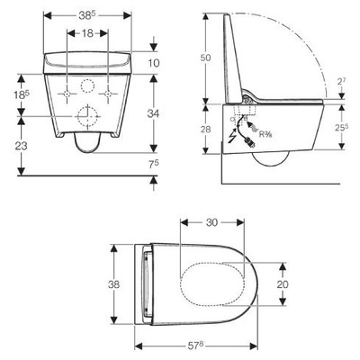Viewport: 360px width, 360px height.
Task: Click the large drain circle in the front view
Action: [88, 117]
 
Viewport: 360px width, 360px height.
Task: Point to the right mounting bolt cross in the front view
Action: [108, 93]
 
